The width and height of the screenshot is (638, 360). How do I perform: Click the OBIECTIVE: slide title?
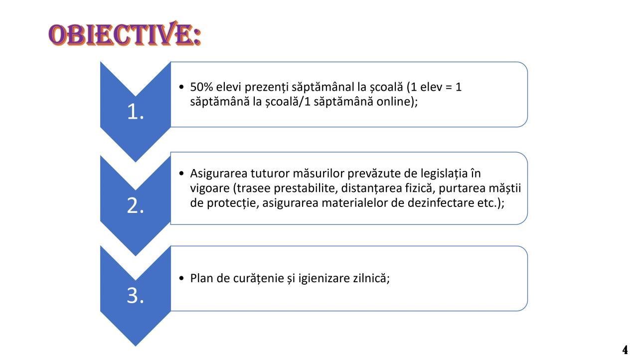(125, 33)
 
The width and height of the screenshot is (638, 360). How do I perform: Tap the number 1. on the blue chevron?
(136, 112)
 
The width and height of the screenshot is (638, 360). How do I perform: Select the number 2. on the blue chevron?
(136, 205)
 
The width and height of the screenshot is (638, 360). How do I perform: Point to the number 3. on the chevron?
(136, 295)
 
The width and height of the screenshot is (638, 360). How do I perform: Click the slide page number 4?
(625, 350)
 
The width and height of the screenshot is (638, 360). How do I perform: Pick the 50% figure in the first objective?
(201, 87)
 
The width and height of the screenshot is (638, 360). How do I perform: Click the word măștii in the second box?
(505, 188)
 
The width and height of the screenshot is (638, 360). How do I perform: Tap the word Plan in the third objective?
(202, 278)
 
